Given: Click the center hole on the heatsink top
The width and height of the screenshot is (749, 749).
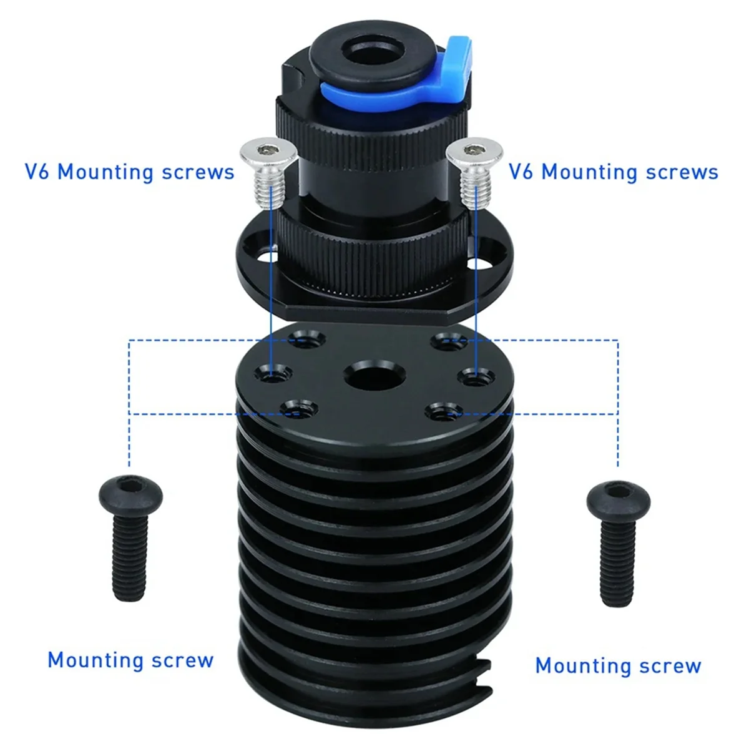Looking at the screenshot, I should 369,376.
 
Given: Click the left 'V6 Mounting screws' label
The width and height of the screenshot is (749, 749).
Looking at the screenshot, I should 129,171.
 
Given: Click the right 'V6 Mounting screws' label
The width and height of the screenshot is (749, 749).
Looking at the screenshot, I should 613,171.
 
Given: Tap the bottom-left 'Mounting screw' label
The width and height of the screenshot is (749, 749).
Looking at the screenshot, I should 130,660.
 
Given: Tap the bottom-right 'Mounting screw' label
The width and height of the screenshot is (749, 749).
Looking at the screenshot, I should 618,665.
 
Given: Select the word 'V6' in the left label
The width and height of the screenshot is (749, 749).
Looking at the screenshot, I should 39,171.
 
